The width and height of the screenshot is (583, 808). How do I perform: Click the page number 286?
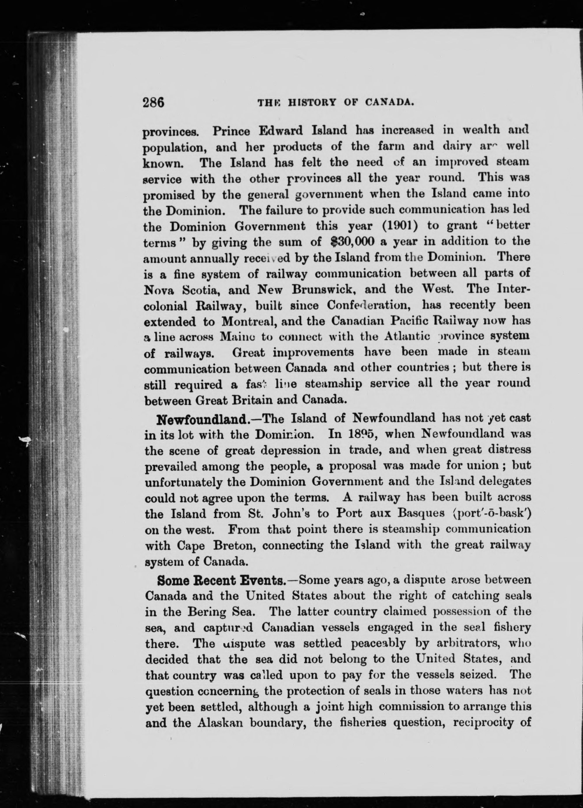click(x=153, y=102)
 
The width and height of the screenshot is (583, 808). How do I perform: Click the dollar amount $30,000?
click(x=352, y=241)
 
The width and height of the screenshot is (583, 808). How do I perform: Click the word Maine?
click(x=237, y=337)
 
